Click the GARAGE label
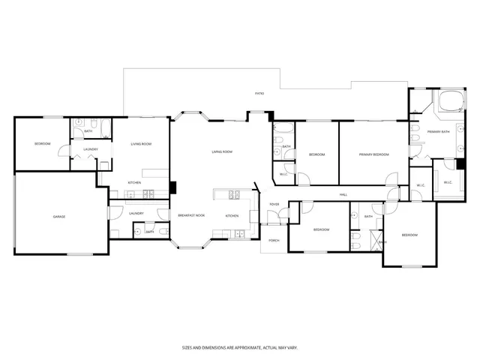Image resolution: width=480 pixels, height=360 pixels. (x=58, y=217)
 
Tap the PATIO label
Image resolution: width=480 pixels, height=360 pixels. (x=259, y=94)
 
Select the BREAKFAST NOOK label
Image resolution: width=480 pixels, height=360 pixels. (x=191, y=215)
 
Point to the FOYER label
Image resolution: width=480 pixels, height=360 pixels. (x=274, y=204)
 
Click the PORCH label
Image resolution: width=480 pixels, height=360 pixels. (x=274, y=241)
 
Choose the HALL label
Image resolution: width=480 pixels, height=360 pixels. (x=343, y=195)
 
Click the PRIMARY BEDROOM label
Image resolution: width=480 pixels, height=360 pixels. (x=373, y=154)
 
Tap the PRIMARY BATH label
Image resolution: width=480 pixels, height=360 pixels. (x=438, y=132)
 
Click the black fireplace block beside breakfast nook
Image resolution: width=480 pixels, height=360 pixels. (x=173, y=187)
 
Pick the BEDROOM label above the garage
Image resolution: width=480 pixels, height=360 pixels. (x=42, y=143)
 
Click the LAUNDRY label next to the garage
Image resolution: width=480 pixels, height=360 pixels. (x=136, y=214)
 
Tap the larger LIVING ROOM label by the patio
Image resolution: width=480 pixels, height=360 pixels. (x=221, y=151)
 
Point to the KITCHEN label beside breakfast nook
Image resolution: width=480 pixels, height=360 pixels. (x=232, y=216)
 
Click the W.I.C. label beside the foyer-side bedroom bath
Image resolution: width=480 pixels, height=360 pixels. (x=283, y=174)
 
